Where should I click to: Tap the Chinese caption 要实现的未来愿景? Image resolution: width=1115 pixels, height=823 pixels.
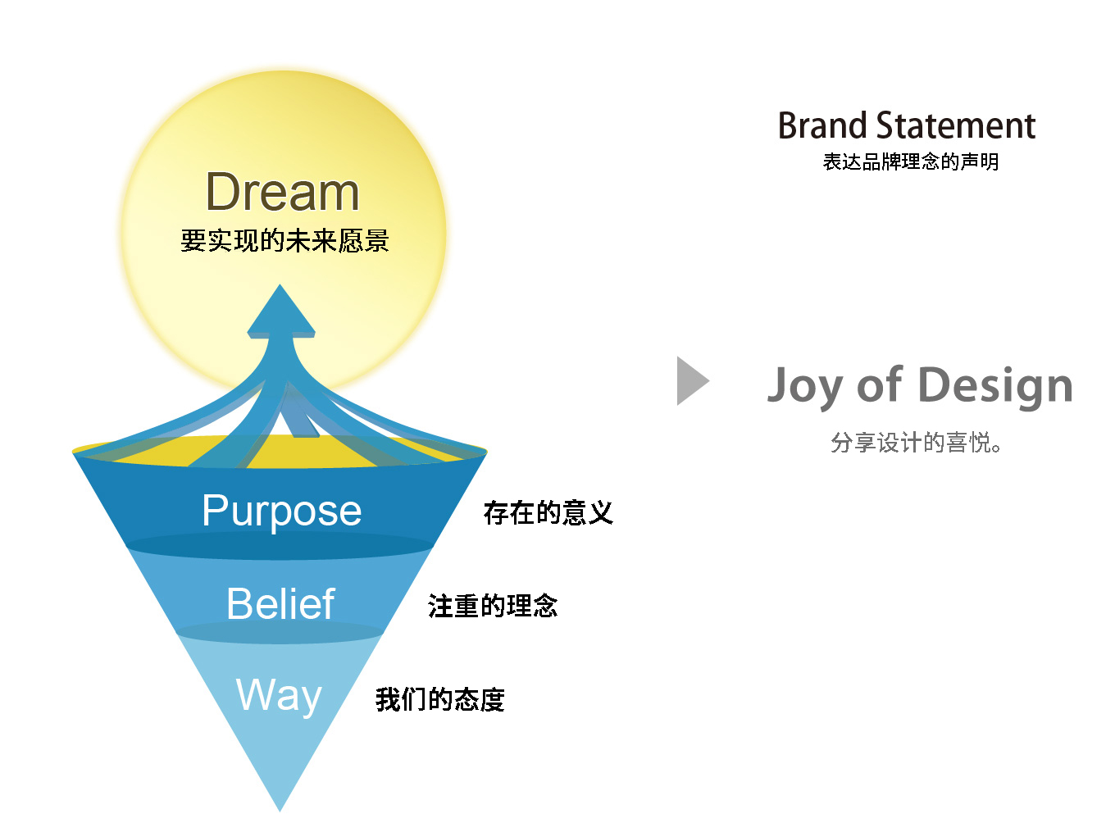pyautogui.click(x=284, y=241)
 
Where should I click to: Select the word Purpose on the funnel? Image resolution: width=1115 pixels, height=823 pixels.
pyautogui.click(x=281, y=511)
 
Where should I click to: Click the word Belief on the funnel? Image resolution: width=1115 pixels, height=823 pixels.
pyautogui.click(x=280, y=604)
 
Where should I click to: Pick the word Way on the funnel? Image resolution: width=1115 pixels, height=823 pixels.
pyautogui.click(x=279, y=695)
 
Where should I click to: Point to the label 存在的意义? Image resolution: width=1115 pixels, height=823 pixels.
pyautogui.click(x=548, y=513)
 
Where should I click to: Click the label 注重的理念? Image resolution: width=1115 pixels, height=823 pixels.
pyautogui.click(x=492, y=607)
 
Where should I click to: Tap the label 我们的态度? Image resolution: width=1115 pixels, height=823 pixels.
pyautogui.click(x=439, y=699)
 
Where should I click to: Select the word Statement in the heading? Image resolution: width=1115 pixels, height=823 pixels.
pyautogui.click(x=956, y=126)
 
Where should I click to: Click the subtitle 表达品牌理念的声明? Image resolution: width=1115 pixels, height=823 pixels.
pyautogui.click(x=910, y=162)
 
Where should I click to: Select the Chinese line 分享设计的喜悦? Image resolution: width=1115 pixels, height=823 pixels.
pyautogui.click(x=915, y=443)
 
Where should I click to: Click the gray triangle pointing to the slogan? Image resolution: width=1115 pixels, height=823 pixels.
pyautogui.click(x=690, y=381)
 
